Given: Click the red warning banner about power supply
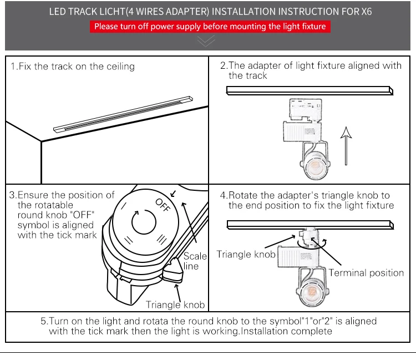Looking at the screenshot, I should click(x=210, y=26).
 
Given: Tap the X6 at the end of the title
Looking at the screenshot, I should click(x=366, y=11).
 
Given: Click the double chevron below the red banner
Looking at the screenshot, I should click(x=206, y=40).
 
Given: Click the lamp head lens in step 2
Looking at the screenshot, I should click(x=314, y=166).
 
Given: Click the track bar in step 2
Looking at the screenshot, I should click(x=307, y=90).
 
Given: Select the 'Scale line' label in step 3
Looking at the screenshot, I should click(x=195, y=261).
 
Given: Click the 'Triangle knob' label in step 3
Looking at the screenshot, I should click(x=175, y=305).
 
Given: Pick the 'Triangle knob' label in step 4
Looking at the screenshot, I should click(x=246, y=255).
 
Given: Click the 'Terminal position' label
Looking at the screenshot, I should click(x=366, y=272).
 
